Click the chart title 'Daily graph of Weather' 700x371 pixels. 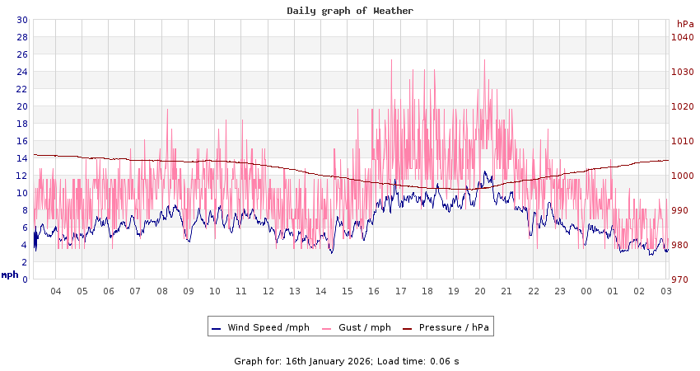click(350, 11)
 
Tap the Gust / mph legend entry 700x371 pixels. click(364, 327)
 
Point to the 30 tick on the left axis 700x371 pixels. click(22, 20)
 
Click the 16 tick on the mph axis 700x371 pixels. click(22, 141)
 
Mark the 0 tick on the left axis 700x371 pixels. click(25, 279)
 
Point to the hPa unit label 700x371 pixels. click(685, 24)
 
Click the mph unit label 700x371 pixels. click(10, 275)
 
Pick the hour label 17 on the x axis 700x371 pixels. click(400, 291)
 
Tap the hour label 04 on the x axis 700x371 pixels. click(56, 291)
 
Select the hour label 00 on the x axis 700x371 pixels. click(586, 291)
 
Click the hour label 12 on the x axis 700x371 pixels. click(268, 291)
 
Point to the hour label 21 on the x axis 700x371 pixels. click(506, 291)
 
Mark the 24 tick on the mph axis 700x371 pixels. click(22, 72)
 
